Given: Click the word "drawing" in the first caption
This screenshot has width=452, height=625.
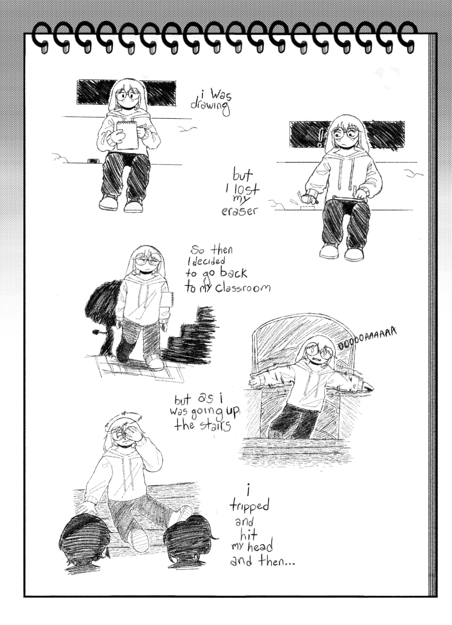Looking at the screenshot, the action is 210,106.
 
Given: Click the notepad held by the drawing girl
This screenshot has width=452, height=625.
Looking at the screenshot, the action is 127,135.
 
